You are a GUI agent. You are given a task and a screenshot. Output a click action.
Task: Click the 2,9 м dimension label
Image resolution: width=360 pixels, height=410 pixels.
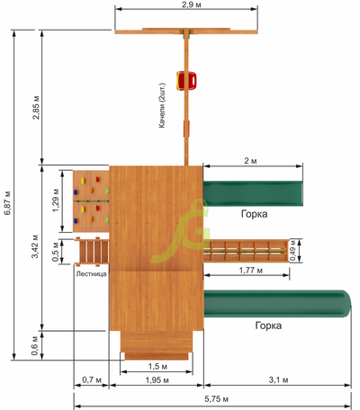click(x=192, y=4)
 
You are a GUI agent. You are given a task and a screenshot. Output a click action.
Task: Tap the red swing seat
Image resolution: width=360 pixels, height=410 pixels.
click(x=186, y=81)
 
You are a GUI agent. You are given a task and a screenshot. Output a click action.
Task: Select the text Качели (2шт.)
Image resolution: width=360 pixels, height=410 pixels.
click(x=162, y=105)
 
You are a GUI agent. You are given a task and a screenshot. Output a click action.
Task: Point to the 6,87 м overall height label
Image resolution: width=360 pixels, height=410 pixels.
click(x=7, y=202)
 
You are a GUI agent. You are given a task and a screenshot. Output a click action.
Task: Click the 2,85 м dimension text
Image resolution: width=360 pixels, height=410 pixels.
click(x=36, y=107)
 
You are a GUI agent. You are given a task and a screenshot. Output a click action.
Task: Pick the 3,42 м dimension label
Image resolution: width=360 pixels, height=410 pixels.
click(x=35, y=246)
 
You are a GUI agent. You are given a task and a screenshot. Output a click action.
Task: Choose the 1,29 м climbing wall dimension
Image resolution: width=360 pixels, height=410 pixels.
click(x=56, y=201)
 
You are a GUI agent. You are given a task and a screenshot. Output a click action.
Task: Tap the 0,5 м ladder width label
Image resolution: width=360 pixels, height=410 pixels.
click(x=56, y=252)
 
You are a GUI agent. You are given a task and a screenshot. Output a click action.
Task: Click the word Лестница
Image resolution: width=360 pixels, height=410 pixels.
click(x=91, y=273)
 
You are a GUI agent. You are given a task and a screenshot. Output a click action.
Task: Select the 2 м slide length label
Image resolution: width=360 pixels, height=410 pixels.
click(x=250, y=161)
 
